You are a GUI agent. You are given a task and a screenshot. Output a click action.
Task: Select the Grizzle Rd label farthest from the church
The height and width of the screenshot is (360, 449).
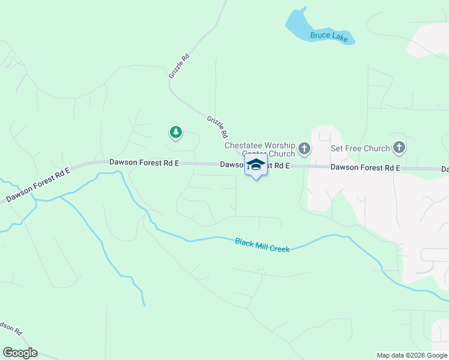point(179,66)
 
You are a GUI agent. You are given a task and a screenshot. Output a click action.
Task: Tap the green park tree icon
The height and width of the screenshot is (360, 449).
point(175,132)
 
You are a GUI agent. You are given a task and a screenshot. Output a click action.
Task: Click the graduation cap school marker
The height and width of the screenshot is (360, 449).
point(256,165)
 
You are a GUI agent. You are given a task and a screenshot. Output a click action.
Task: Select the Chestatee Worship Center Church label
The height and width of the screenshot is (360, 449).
point(260,149)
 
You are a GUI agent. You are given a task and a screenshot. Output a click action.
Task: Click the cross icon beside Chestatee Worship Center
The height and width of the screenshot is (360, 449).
point(304,148)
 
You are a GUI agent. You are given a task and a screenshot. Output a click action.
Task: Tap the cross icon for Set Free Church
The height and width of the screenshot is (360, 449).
point(399,148)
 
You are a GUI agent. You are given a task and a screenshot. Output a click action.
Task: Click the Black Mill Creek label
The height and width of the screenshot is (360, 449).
point(262,245)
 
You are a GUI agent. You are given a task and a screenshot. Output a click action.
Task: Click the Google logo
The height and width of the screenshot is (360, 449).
point(20,353)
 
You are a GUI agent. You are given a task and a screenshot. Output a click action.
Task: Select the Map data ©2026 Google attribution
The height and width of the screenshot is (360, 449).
point(412,355)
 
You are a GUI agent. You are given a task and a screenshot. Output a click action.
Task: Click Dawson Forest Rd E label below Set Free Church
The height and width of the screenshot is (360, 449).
point(365,168)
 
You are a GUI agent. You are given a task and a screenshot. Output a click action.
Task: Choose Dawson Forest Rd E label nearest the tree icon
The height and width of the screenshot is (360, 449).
point(144,163)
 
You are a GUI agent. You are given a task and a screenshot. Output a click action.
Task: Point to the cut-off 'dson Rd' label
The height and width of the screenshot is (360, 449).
point(11,328)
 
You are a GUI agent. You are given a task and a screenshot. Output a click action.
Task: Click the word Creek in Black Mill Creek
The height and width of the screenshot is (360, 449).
point(279,247)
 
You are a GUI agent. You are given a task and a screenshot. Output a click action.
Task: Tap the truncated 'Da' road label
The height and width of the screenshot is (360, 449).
point(445,170)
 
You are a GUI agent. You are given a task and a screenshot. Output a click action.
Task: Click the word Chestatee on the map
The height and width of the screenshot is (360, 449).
point(241,145)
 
